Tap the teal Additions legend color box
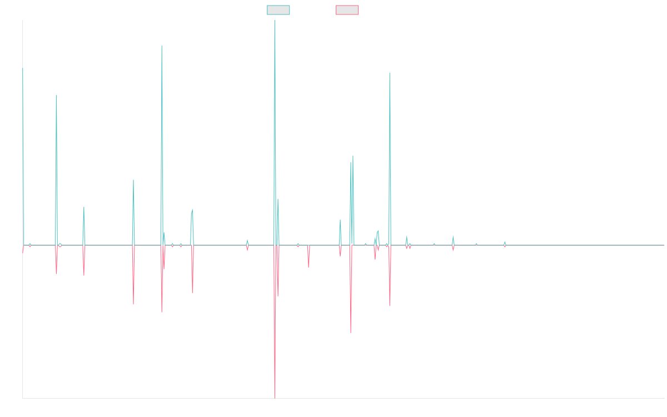coord(278,10)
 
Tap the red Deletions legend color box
coord(347,10)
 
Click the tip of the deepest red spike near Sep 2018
coord(275,397)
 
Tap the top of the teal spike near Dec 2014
coord(56,96)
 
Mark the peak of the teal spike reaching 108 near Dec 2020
coord(390,73)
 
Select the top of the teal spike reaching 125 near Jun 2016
coord(162,46)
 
